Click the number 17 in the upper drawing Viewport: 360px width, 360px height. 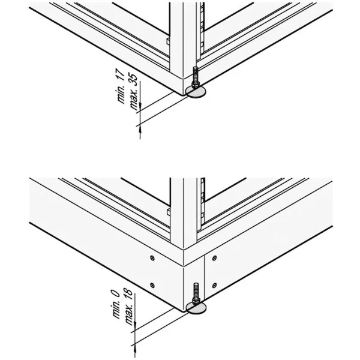(121, 74)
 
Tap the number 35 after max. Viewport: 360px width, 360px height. (134, 80)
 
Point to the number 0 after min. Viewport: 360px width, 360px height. (115, 293)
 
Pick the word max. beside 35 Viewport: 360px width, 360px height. (134, 99)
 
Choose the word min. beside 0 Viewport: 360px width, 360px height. (116, 309)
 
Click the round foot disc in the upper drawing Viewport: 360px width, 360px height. (196, 92)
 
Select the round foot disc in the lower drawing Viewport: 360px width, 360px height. (196, 308)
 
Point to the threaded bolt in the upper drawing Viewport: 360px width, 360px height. (195, 77)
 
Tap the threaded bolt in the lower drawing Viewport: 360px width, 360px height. (196, 293)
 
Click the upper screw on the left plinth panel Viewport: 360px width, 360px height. (152, 258)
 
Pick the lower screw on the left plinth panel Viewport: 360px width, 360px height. (152, 285)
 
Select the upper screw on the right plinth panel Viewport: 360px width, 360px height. (214, 258)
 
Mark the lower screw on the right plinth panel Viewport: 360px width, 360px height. (214, 286)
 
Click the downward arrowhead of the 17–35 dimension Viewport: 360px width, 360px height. (140, 107)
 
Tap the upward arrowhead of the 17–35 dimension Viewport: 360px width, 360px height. (140, 130)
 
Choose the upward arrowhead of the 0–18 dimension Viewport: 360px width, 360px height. (135, 349)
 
